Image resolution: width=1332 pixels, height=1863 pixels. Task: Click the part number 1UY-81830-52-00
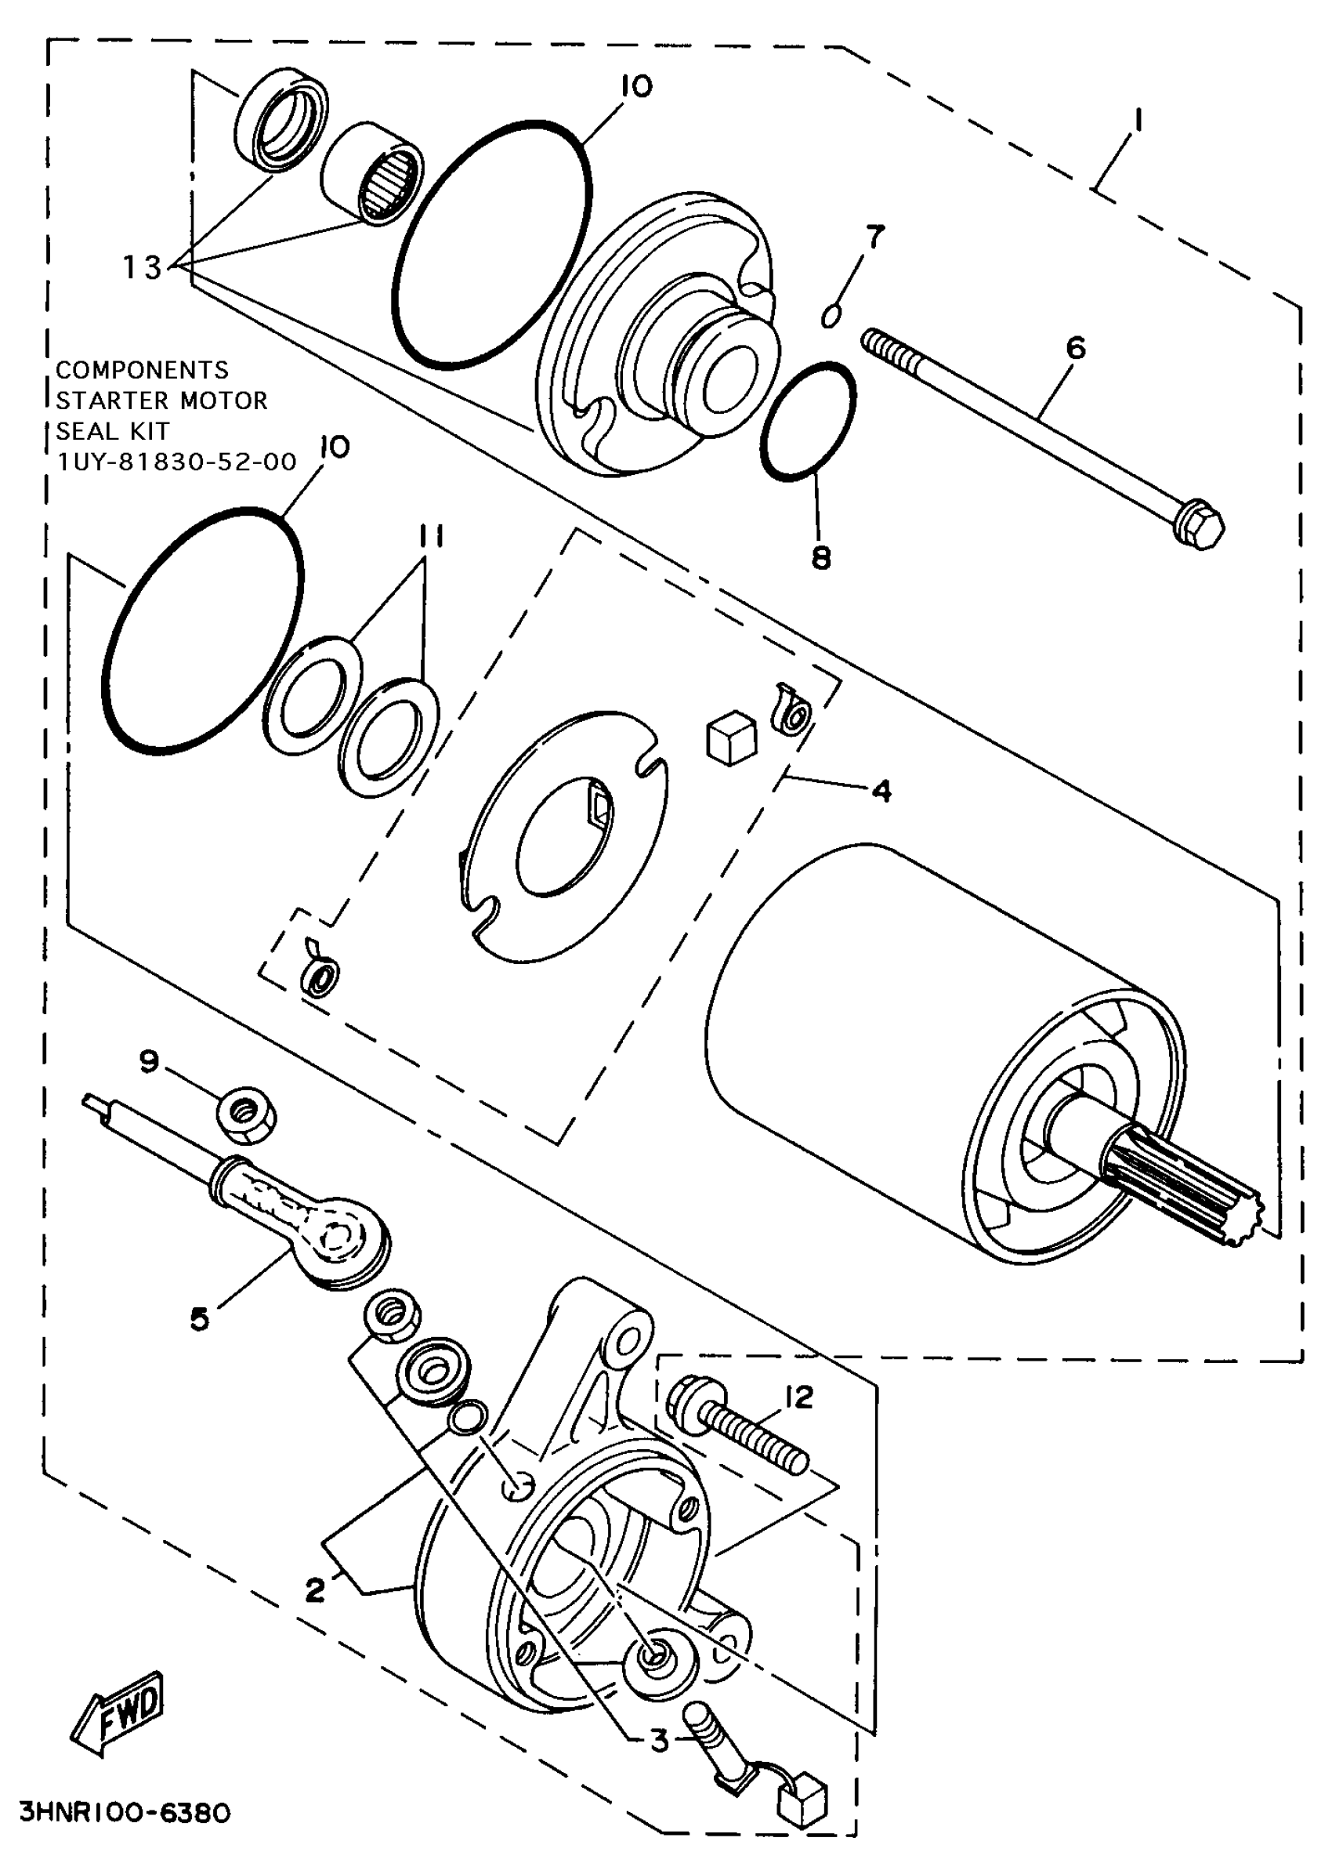point(176,462)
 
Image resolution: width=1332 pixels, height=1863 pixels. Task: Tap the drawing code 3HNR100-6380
point(125,1811)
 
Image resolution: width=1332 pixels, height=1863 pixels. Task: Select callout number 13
point(142,266)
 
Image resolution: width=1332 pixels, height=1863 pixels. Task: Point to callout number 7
point(875,237)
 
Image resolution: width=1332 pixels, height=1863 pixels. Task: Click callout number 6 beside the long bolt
point(1075,347)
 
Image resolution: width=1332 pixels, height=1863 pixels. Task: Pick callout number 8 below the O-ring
point(821,558)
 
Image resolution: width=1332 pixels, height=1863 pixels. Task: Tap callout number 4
point(881,791)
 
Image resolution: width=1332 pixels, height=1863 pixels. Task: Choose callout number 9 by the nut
point(148,1061)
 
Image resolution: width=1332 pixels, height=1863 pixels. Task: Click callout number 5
point(199,1320)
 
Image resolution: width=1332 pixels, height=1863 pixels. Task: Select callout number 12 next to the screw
point(799,1395)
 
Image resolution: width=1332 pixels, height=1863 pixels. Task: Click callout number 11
point(431,538)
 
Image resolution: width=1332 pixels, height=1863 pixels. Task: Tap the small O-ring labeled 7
point(831,316)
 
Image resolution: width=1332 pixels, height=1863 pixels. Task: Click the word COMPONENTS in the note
point(143,369)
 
